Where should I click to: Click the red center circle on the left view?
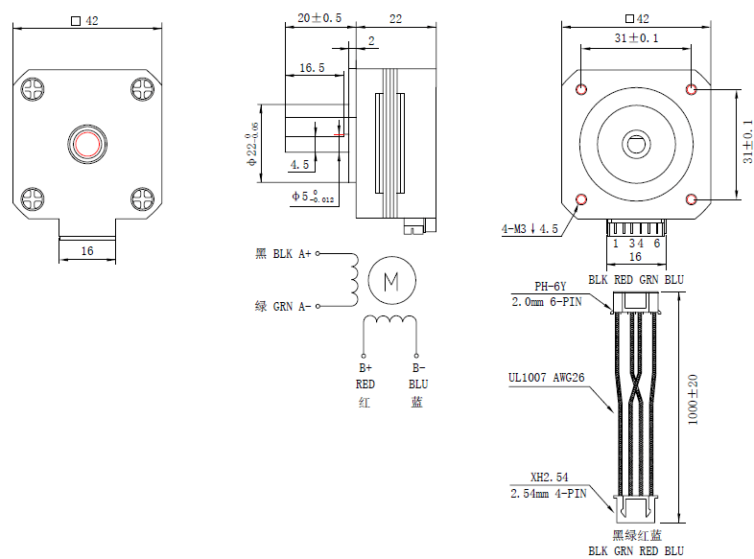point(86,144)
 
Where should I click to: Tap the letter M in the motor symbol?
point(391,281)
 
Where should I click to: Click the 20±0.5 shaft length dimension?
point(318,18)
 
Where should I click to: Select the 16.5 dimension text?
point(312,68)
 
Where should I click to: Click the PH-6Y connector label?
point(551,287)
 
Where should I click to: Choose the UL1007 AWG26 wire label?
point(547,378)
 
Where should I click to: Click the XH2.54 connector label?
point(550,477)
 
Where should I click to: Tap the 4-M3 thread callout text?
point(530,229)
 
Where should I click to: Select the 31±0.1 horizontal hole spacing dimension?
point(636,37)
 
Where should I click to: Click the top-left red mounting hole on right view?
point(581,89)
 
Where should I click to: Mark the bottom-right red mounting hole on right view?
point(693,199)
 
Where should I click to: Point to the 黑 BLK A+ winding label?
point(283,254)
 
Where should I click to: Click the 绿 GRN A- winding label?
point(283,306)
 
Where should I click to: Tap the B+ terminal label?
point(365,367)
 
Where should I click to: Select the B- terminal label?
point(418,367)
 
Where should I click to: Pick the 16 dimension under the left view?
point(87,250)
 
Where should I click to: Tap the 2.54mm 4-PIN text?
point(548,493)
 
